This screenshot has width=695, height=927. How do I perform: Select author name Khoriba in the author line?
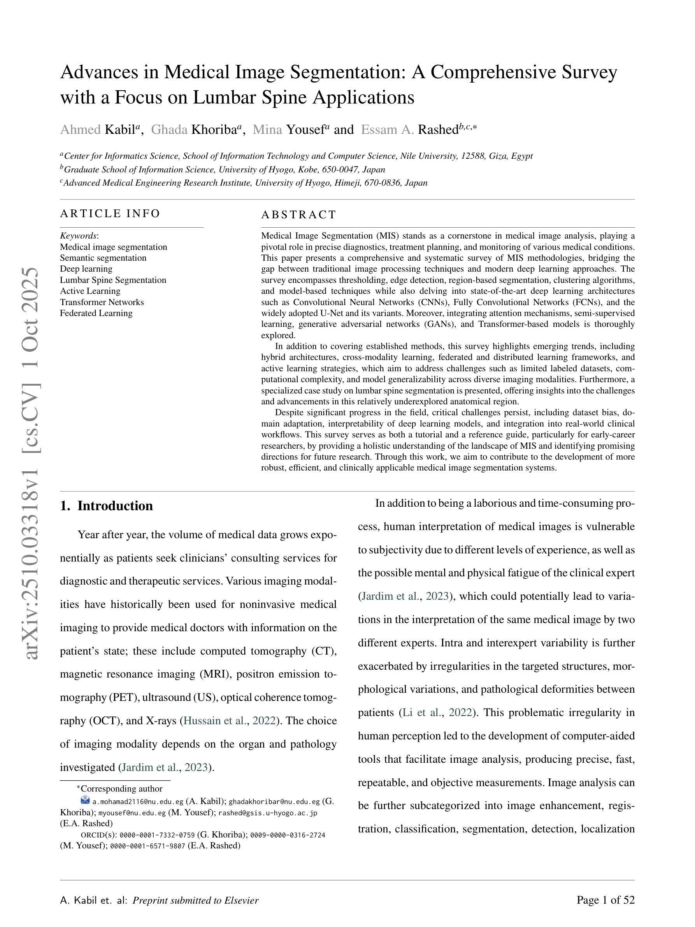[214, 130]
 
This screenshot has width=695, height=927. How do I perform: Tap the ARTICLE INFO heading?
[110, 213]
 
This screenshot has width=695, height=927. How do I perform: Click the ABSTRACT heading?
[299, 214]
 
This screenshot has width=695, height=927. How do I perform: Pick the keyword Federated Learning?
[96, 313]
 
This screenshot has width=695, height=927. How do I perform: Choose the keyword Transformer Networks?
[102, 302]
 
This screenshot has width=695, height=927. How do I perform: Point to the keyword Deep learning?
[86, 269]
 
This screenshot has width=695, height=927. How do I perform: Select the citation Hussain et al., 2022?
[230, 720]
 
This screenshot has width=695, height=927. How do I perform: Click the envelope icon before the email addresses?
[85, 800]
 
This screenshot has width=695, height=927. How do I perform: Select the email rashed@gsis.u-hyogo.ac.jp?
[268, 813]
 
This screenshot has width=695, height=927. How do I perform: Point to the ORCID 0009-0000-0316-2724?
[288, 835]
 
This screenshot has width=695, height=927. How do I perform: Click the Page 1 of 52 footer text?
[605, 900]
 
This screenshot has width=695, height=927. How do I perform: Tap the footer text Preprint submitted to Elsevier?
[195, 900]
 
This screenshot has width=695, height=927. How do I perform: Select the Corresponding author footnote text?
[121, 789]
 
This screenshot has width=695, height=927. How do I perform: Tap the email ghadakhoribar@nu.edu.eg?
[274, 802]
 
